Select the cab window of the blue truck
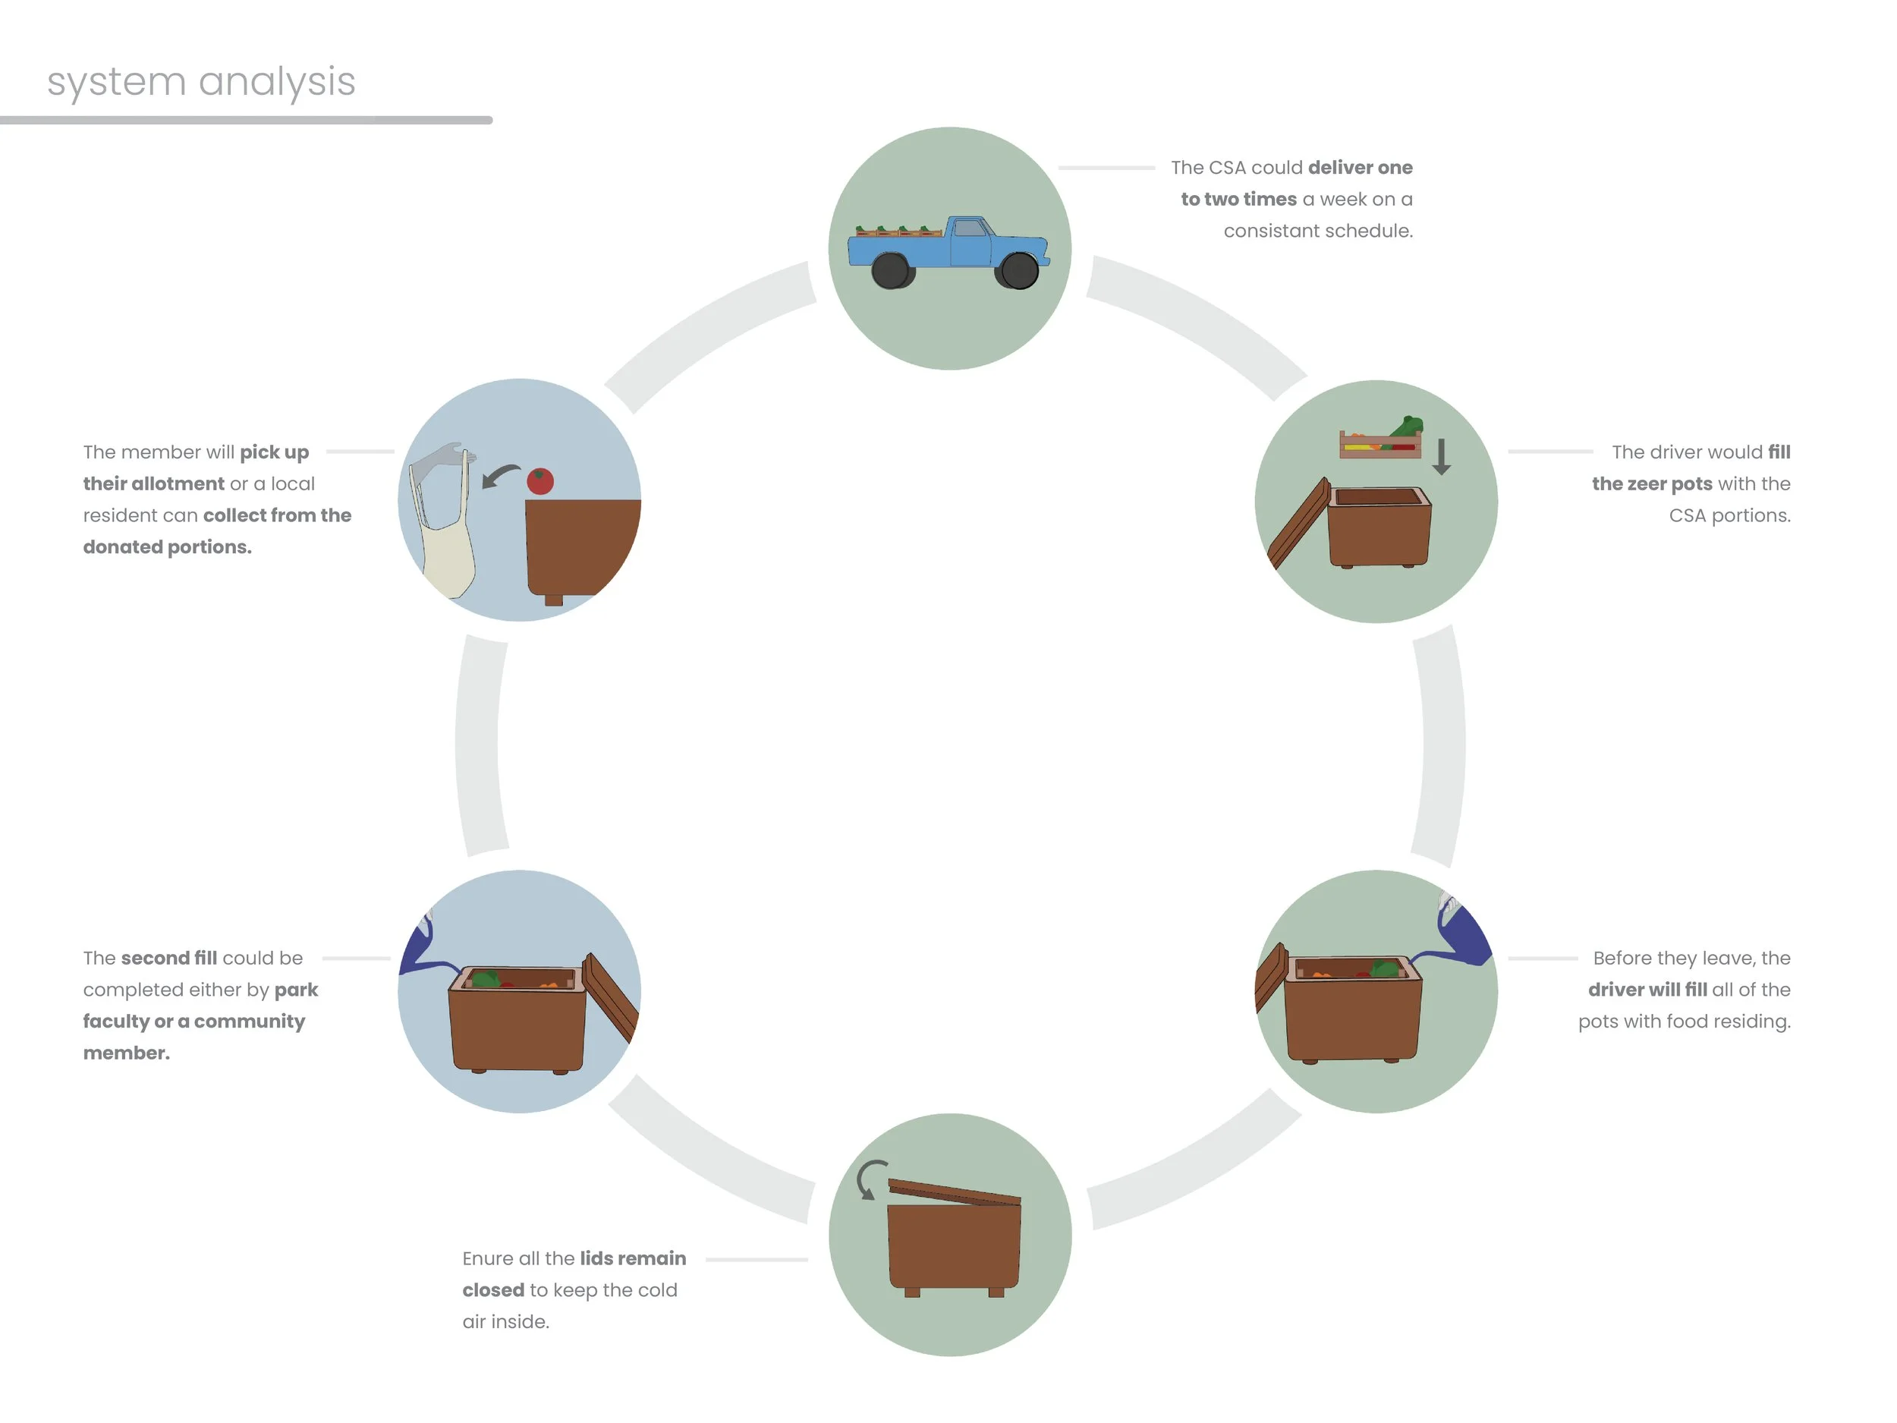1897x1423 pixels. pyautogui.click(x=970, y=228)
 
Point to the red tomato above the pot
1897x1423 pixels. pyautogui.click(x=540, y=481)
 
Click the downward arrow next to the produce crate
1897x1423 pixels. pyautogui.click(x=1442, y=456)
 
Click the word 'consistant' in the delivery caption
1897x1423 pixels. pyautogui.click(x=1264, y=231)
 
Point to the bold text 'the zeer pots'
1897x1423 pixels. pyautogui.click(x=1652, y=483)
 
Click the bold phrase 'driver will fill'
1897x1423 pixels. pyautogui.click(x=1647, y=990)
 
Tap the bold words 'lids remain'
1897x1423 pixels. pyautogui.click(x=633, y=1258)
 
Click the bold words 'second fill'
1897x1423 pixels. pyautogui.click(x=169, y=958)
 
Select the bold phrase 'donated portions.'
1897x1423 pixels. pyautogui.click(x=167, y=547)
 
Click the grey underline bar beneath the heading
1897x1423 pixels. pyautogui.click(x=246, y=120)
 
